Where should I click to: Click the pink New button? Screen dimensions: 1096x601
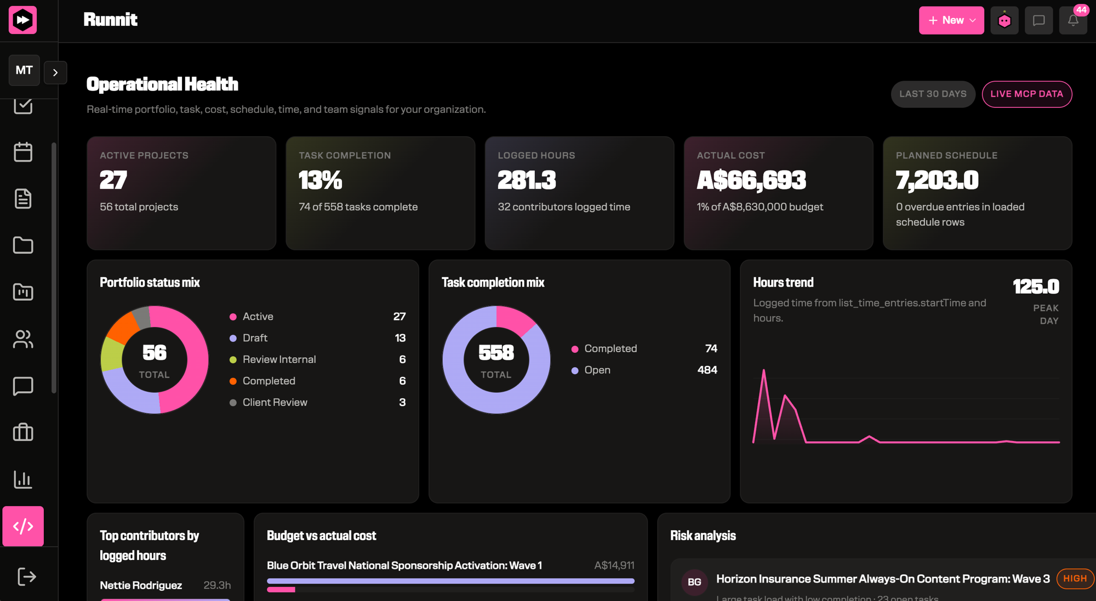[x=951, y=20]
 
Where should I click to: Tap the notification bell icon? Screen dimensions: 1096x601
[x=1073, y=20]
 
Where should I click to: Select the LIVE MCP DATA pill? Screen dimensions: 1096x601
[x=1027, y=94]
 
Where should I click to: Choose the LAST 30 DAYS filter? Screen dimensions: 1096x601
[x=933, y=94]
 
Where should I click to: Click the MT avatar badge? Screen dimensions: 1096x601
[x=24, y=70]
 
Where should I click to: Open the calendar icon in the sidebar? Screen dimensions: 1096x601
[x=23, y=152]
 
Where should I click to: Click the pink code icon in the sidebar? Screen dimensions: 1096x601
[x=23, y=526]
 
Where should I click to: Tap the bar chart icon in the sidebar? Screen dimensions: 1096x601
[x=23, y=479]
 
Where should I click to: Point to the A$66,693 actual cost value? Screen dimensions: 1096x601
[x=751, y=180]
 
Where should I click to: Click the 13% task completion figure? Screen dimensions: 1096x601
[x=321, y=180]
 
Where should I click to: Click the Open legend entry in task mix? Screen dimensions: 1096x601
[x=597, y=370]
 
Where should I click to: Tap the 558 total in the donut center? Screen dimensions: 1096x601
[x=496, y=353]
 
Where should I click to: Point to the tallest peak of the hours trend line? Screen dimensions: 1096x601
[x=763, y=370]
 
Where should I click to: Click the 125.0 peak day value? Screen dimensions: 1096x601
[x=1036, y=287]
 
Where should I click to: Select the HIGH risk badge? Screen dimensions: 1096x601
[x=1075, y=579]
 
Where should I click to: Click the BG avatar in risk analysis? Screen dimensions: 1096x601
[x=694, y=582]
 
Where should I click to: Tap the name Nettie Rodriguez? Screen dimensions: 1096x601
[x=141, y=585]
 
